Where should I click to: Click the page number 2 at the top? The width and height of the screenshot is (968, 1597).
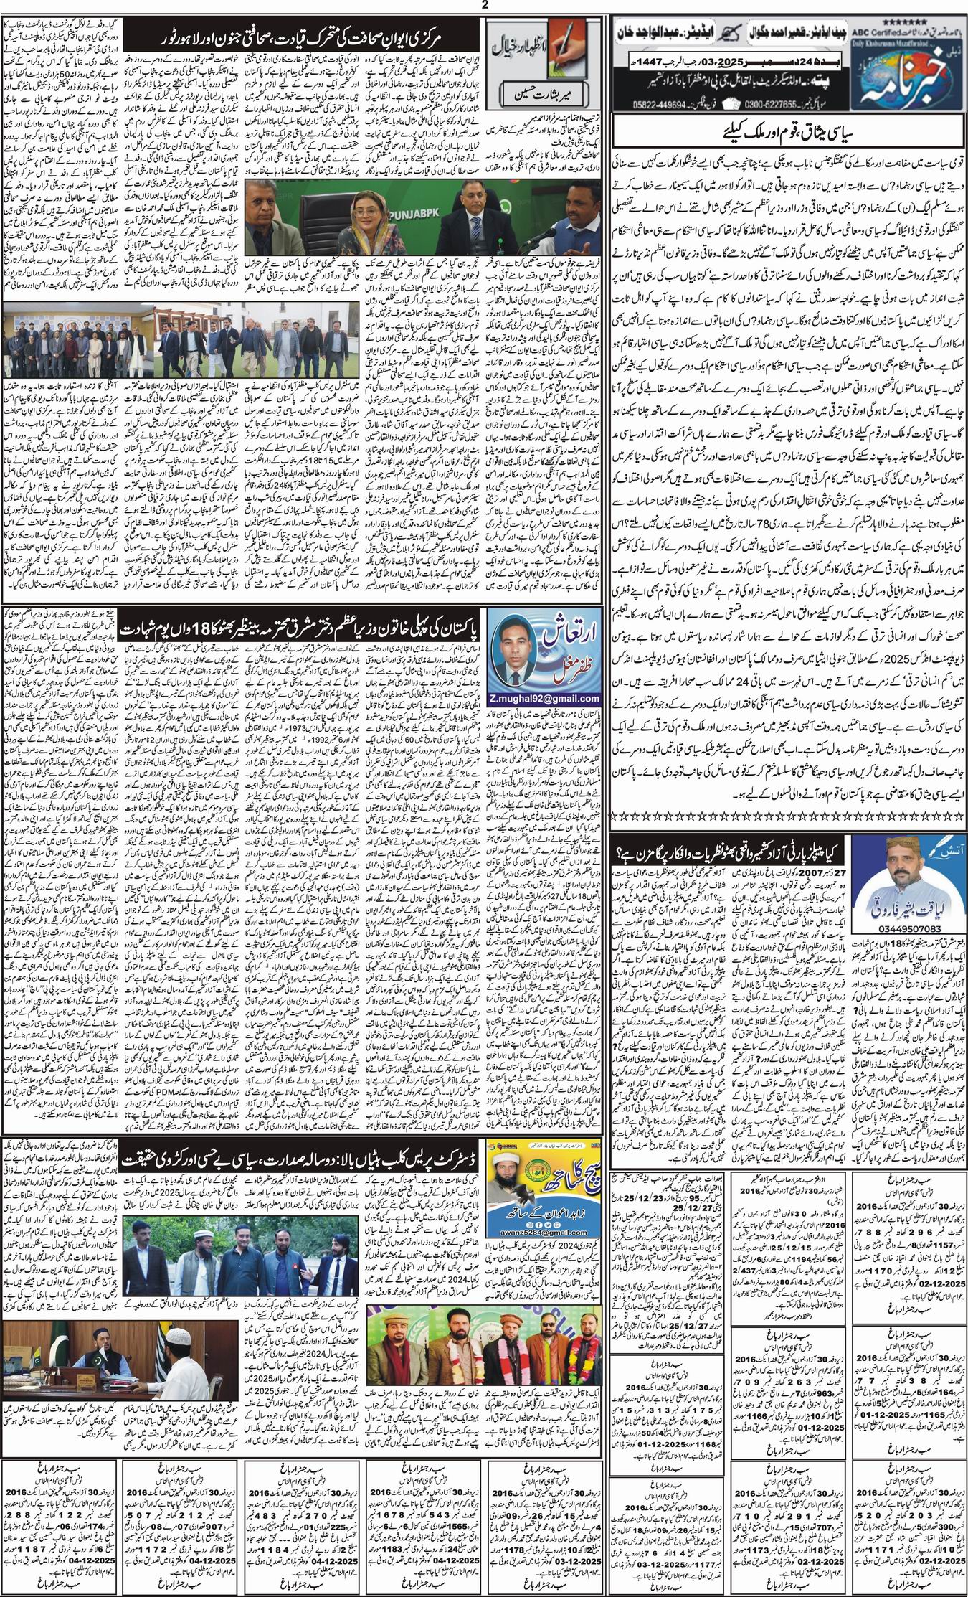click(x=485, y=6)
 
